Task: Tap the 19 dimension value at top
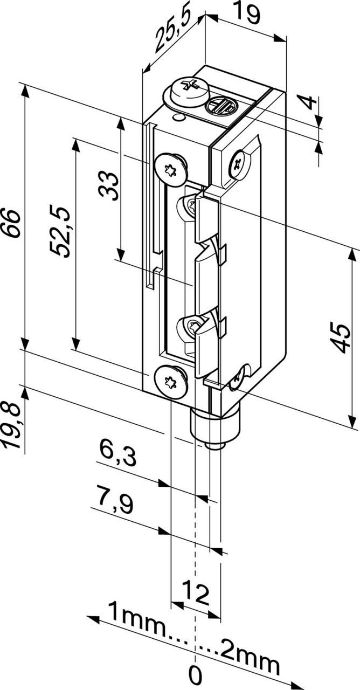(246, 13)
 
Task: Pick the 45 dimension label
(341, 338)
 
